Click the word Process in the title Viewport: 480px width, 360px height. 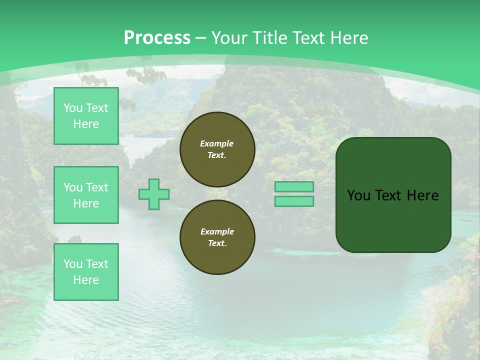157,38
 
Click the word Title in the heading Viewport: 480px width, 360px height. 268,38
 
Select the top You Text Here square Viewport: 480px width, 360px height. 86,116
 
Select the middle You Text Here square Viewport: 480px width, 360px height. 86,195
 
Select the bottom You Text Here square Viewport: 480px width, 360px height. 86,272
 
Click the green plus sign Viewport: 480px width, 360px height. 154,194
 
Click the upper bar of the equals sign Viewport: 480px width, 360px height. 294,186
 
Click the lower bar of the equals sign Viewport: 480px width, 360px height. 294,201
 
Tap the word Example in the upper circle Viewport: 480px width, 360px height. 217,143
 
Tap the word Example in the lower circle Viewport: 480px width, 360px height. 217,231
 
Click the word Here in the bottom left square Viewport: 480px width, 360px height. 86,280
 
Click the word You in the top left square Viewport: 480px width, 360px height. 73,108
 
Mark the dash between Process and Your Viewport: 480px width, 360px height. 200,38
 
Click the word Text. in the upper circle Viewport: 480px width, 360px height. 217,155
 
